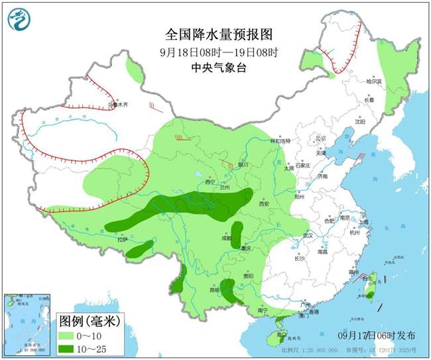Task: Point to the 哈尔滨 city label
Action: (375, 81)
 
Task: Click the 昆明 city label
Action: (213, 290)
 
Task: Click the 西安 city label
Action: (265, 204)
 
